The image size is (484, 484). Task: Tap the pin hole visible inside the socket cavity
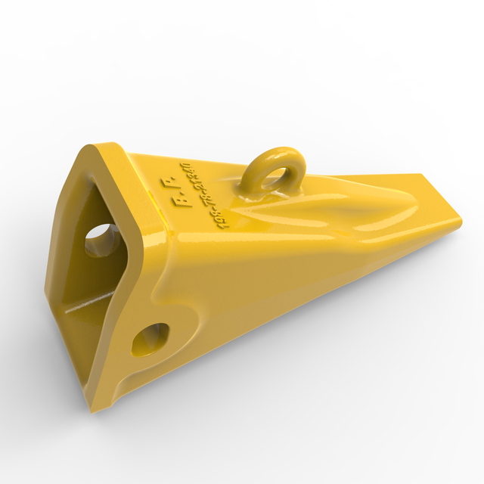tap(98, 240)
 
